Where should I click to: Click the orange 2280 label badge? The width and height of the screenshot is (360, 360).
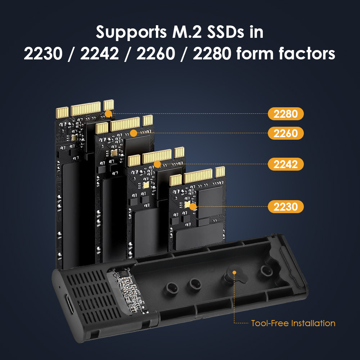(285, 114)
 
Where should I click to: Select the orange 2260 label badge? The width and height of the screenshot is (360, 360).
(285, 133)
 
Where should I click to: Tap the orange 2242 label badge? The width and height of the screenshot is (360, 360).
(285, 164)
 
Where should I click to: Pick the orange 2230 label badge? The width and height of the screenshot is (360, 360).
(285, 207)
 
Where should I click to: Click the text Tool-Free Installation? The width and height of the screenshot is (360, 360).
(293, 323)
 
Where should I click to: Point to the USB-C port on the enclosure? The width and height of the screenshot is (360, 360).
(69, 304)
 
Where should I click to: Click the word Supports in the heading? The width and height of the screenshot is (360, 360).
(131, 32)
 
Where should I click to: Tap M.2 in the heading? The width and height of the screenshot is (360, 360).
(187, 32)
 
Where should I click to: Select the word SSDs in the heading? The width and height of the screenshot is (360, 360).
(225, 32)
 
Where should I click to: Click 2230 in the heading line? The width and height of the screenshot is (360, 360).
(43, 54)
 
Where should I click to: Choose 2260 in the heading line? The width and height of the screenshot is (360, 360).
(156, 54)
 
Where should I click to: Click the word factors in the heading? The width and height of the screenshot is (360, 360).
(307, 53)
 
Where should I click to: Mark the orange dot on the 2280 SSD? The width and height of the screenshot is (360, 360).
(108, 114)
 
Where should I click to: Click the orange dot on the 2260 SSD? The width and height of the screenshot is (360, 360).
(134, 133)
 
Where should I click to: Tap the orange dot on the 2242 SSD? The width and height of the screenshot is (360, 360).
(157, 164)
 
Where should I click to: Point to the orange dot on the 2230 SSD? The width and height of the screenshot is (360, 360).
(193, 207)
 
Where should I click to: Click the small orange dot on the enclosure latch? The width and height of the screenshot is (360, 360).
(234, 273)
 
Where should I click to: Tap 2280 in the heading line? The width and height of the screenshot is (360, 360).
(212, 54)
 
